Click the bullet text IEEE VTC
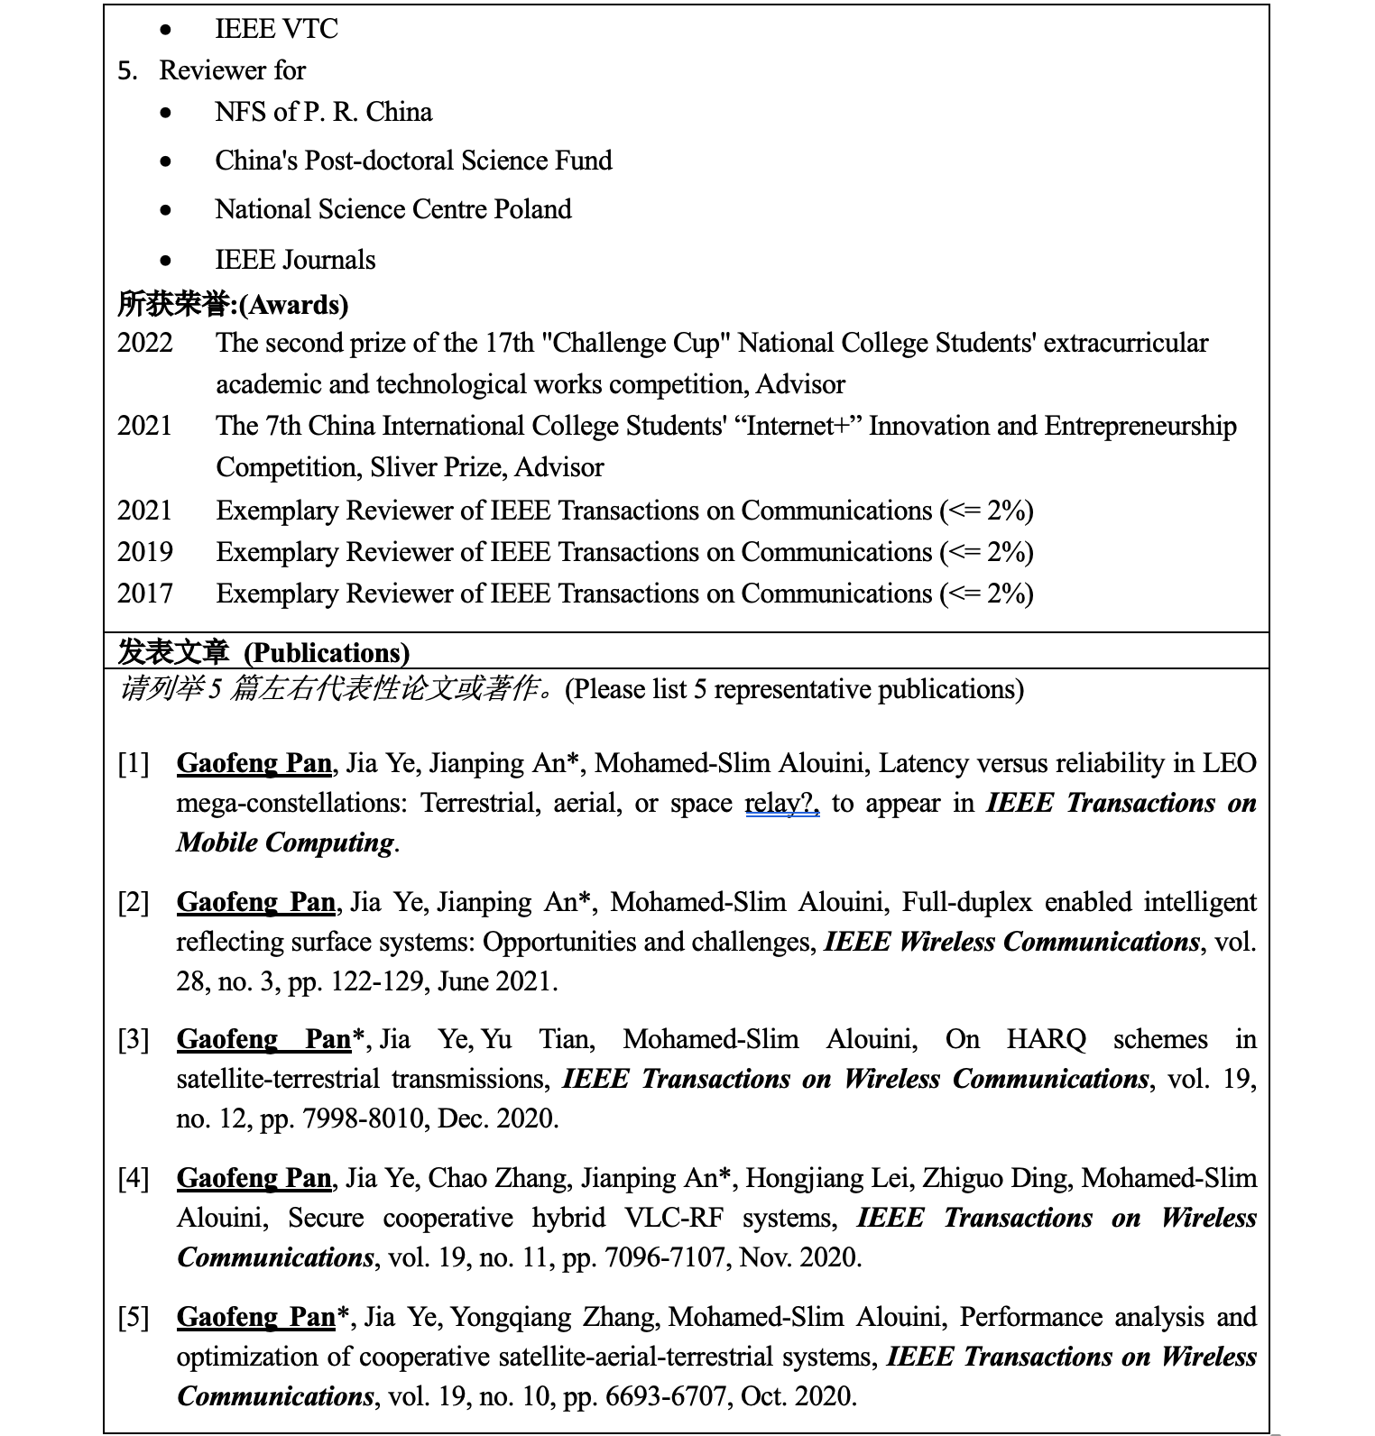pos(276,29)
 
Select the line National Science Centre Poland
pos(392,209)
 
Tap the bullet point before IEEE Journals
pos(165,261)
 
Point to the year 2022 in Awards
pos(144,343)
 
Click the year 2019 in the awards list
pos(144,552)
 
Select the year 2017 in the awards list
pos(144,594)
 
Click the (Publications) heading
pos(327,652)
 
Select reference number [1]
pos(134,764)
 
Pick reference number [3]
pos(134,1040)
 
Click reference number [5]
pos(134,1318)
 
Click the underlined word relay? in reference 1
pos(781,804)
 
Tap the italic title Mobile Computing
pos(285,843)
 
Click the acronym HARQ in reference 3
pos(1047,1040)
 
